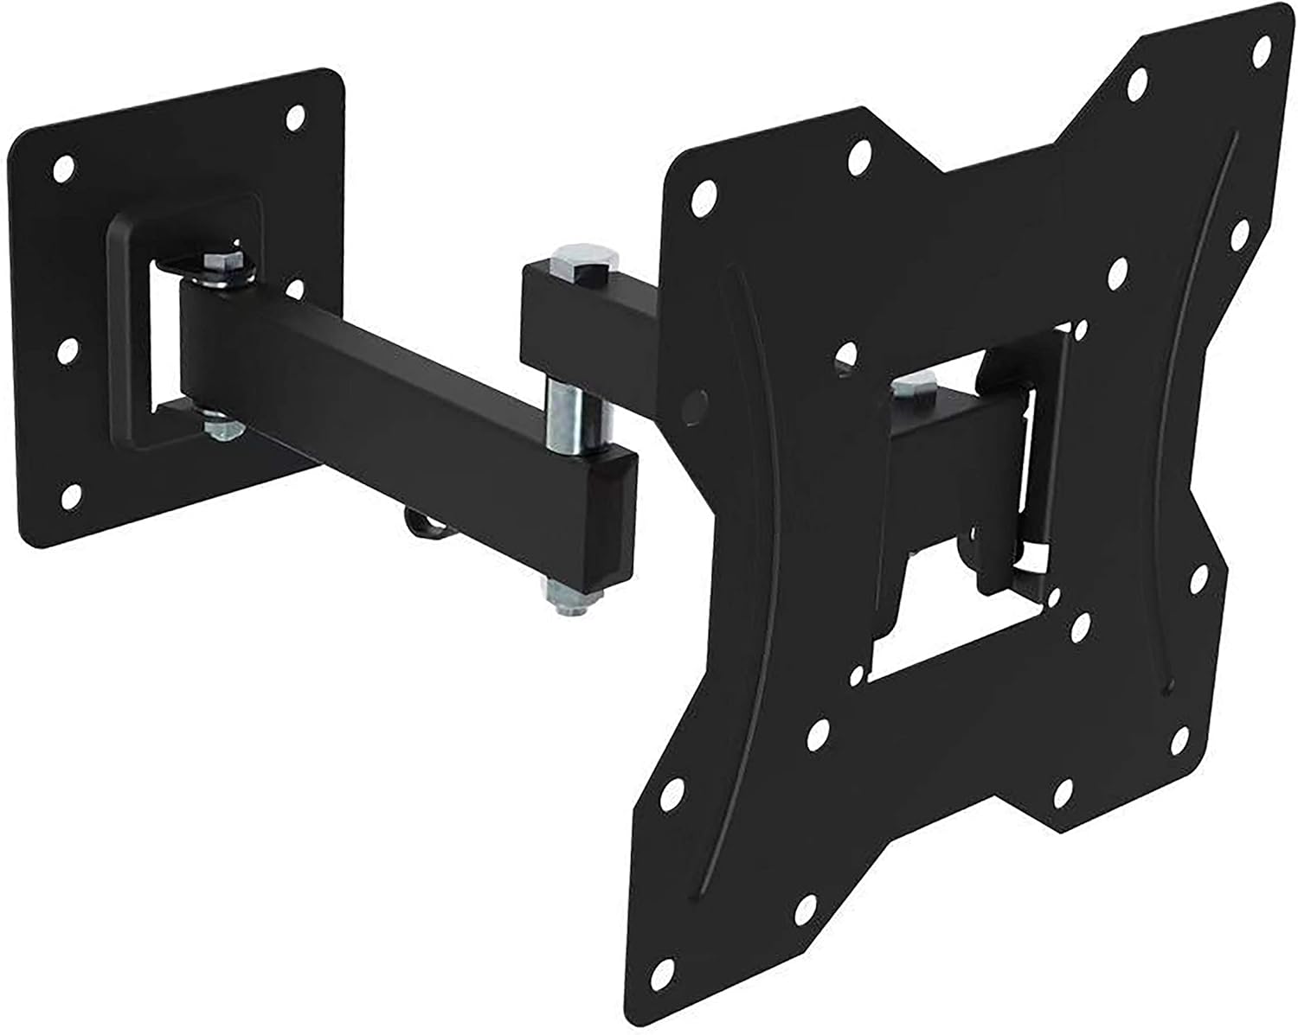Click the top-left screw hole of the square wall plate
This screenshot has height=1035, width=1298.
(x=61, y=168)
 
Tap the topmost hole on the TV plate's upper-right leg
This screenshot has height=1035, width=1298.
(x=1138, y=82)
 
